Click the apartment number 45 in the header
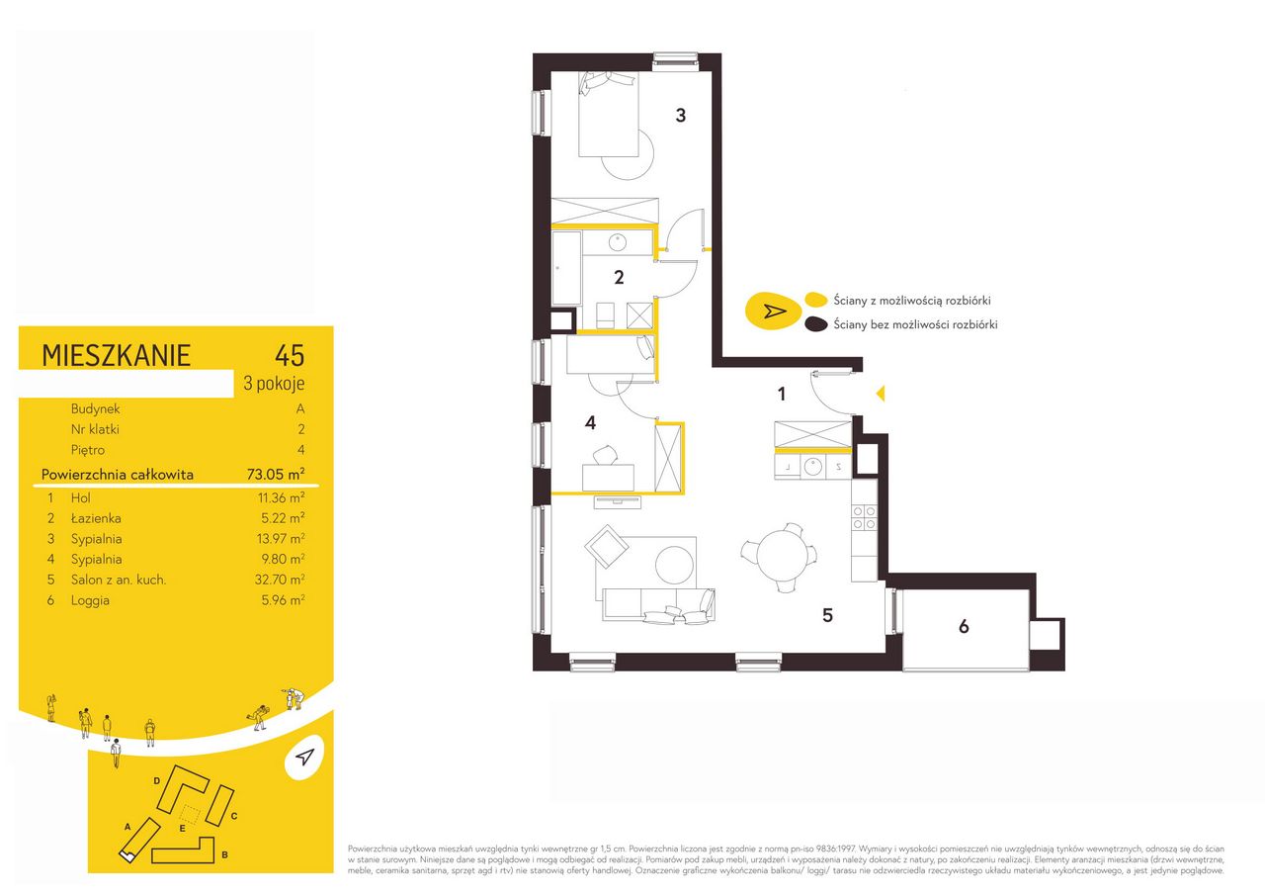(290, 355)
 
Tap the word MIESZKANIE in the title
(117, 355)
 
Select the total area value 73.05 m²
(276, 474)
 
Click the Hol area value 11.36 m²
(282, 497)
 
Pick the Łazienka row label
(96, 518)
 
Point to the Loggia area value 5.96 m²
(283, 600)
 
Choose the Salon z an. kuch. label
(119, 580)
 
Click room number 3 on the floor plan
(681, 116)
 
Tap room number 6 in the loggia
(964, 626)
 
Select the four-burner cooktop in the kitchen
(864, 517)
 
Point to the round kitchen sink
(813, 467)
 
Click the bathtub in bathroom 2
(566, 268)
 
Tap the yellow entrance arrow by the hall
(880, 394)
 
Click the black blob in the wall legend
(816, 323)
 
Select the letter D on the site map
(156, 781)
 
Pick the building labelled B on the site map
(184, 851)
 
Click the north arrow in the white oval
(304, 758)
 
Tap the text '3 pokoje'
(274, 384)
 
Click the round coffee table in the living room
(674, 565)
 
